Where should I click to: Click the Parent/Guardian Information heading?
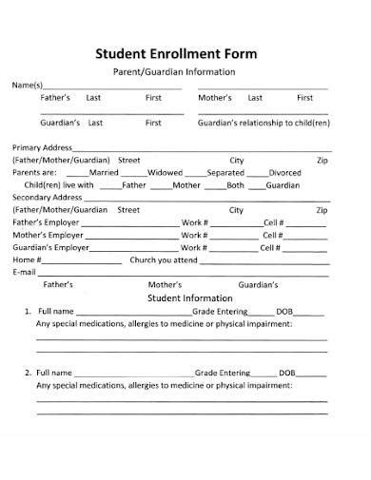coord(186,71)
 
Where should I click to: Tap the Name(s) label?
coord(26,85)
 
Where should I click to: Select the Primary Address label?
coord(43,147)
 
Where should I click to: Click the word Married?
coord(104,172)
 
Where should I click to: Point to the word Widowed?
coord(164,172)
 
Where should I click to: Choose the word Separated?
coord(225,172)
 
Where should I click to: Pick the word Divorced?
coord(284,172)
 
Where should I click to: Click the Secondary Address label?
coord(48,197)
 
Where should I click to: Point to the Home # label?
coord(27,259)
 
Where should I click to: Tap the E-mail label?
coord(24,271)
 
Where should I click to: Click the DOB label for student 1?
coord(285,311)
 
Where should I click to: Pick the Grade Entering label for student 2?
coord(221,372)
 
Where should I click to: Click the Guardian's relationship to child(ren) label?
coord(264,123)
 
